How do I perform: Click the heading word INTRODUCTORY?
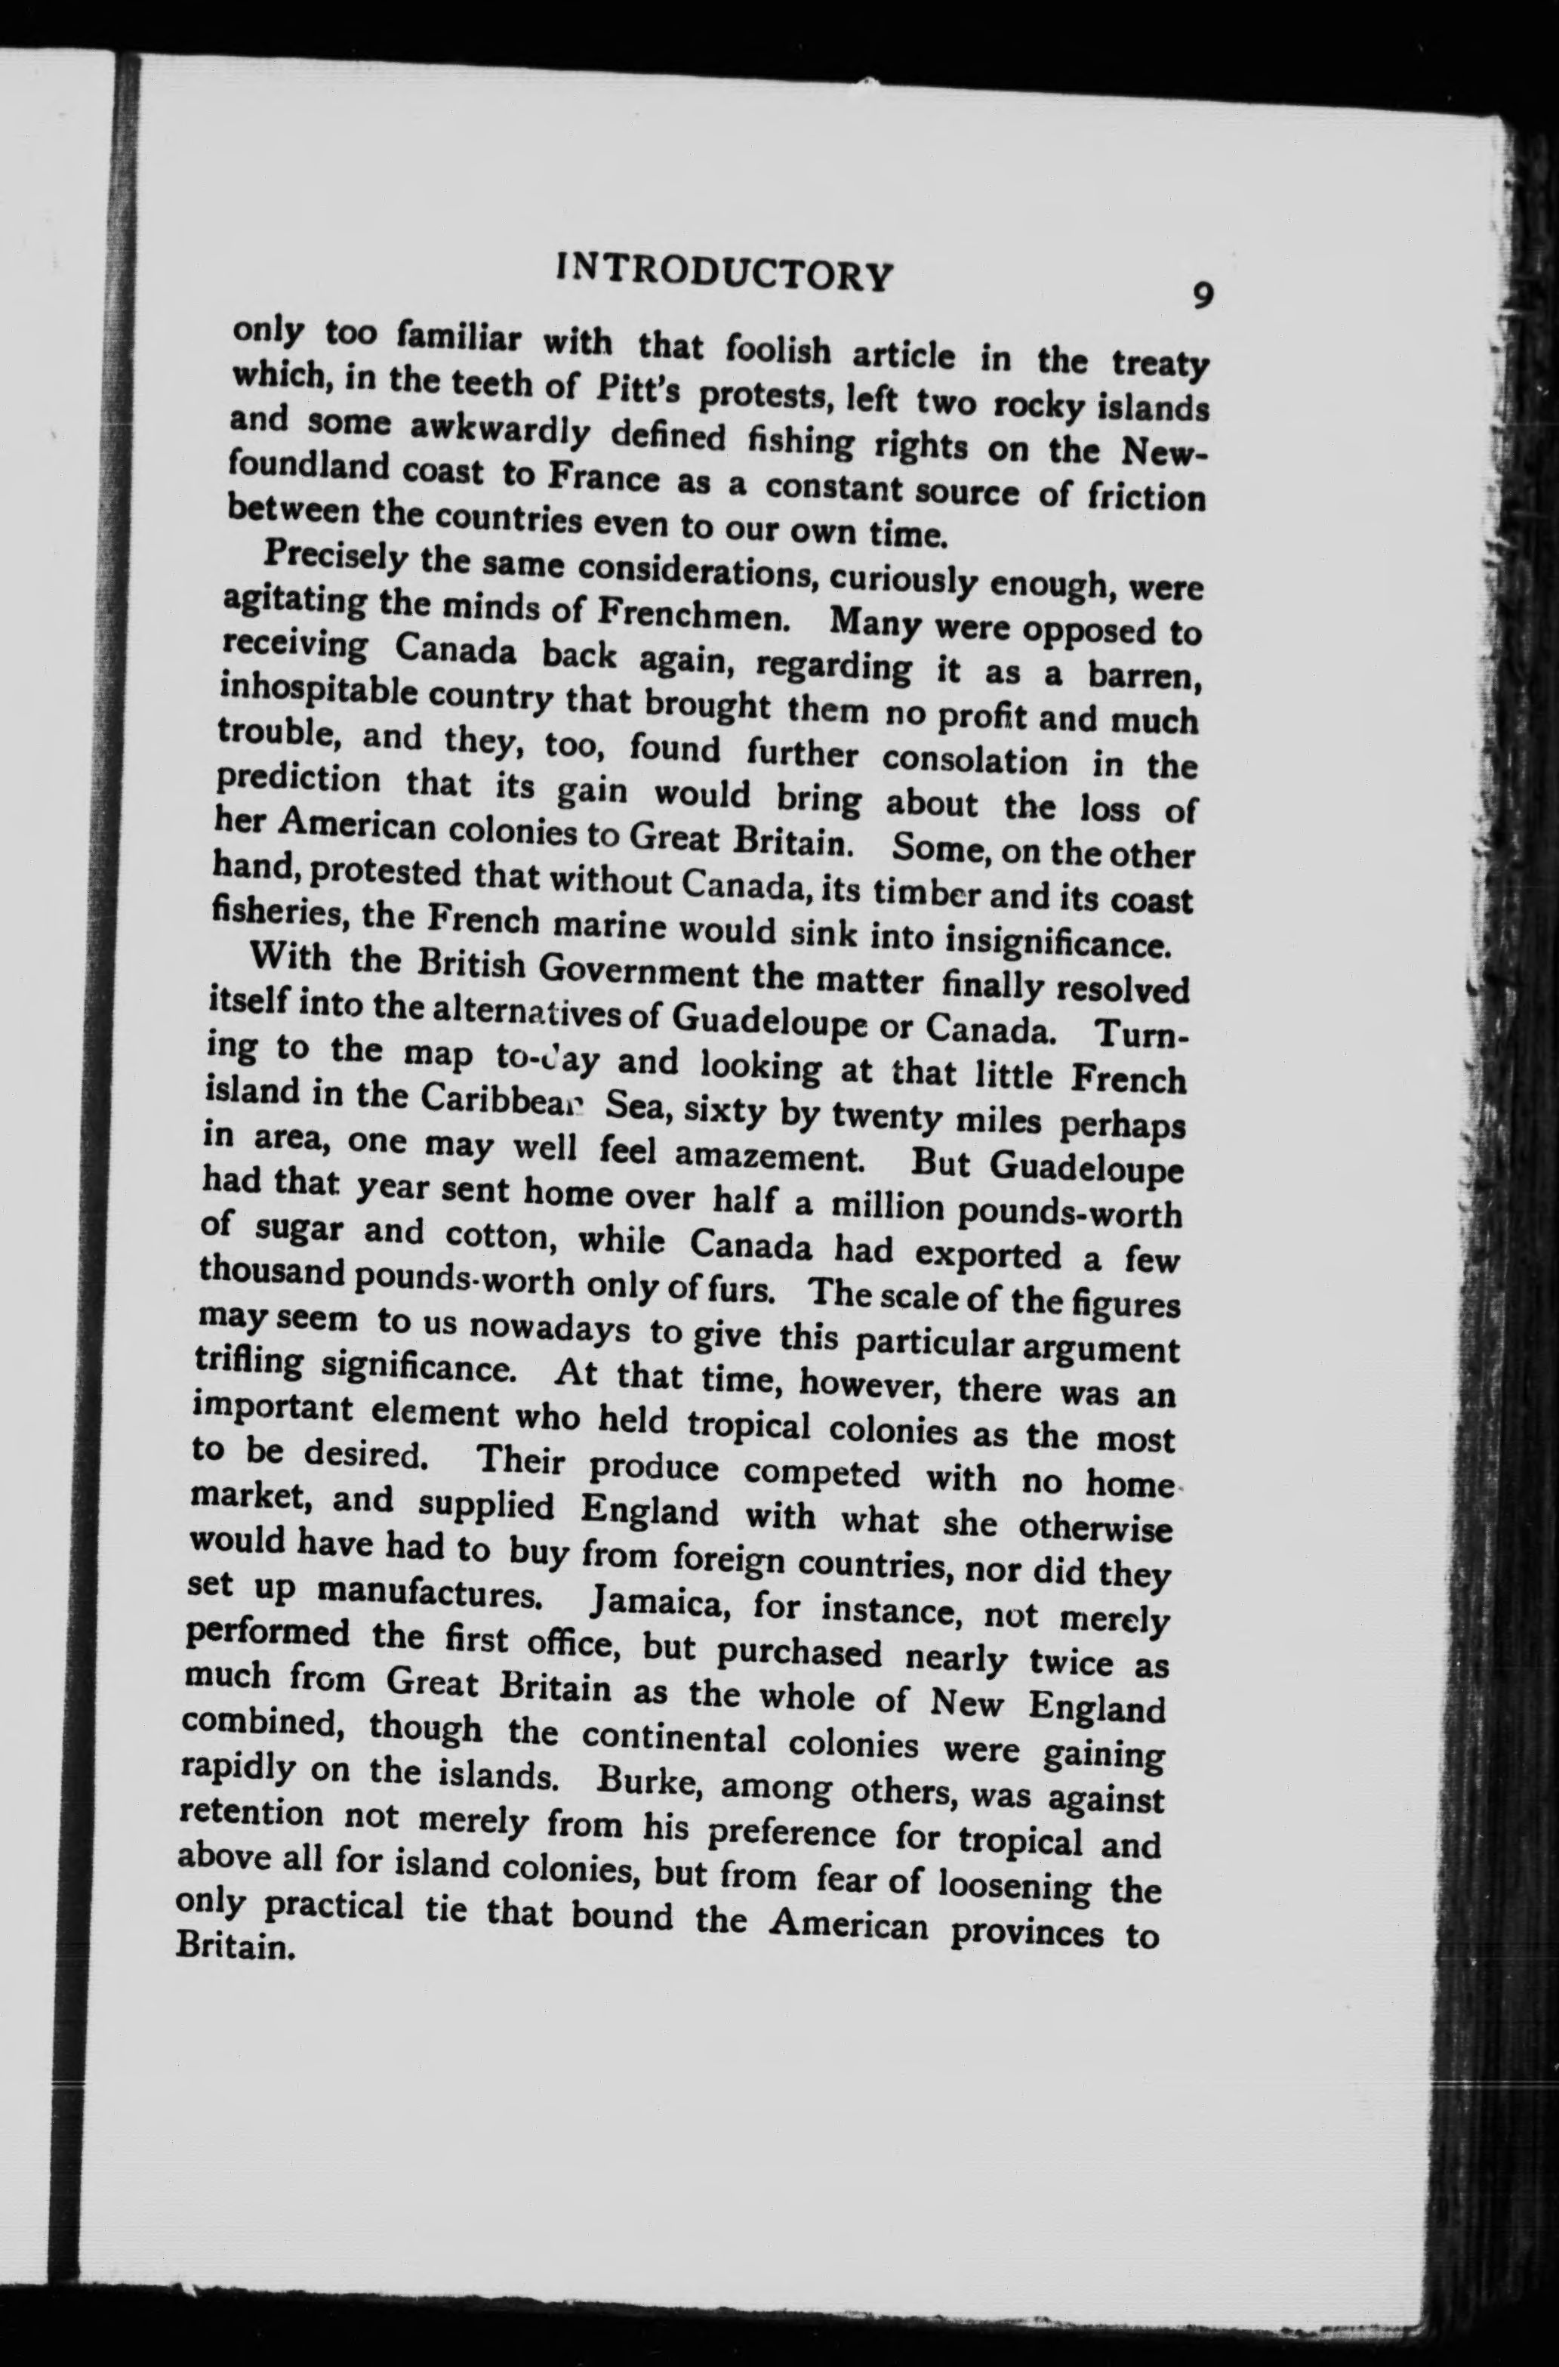[725, 273]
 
